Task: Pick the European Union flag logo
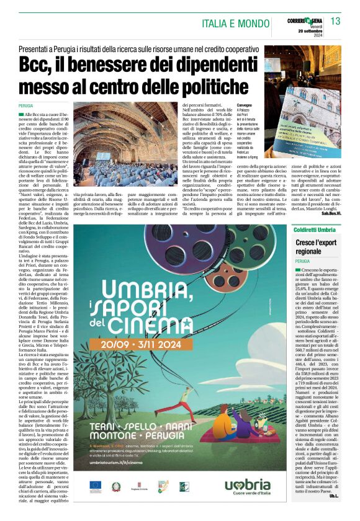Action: click(95, 487)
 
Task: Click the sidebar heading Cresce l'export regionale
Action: click(317, 247)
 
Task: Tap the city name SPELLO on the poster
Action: click(153, 428)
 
